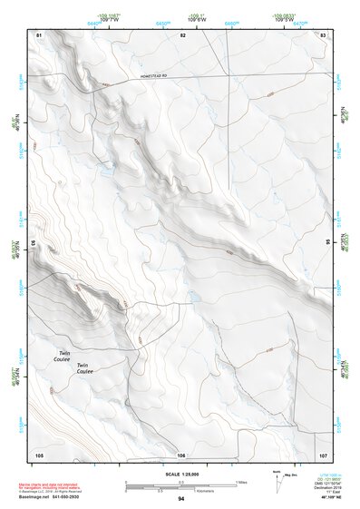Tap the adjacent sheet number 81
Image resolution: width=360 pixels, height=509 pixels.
39,34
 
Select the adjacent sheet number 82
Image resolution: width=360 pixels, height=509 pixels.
182,34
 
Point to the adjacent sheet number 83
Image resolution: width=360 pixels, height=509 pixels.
323,34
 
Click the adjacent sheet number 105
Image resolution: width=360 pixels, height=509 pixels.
39,454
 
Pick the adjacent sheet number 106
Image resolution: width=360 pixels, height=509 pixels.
181,455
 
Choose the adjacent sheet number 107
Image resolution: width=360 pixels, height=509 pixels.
323,454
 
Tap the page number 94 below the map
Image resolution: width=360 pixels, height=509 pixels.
181,499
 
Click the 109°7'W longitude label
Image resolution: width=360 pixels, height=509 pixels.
109,20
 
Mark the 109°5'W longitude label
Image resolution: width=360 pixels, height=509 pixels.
285,20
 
